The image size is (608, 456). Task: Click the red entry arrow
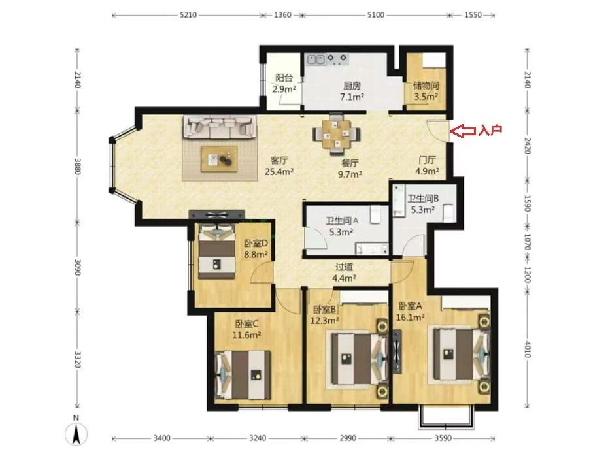[x=465, y=131]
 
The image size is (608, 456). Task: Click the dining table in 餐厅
[x=336, y=134]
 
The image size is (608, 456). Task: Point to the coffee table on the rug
[x=219, y=159]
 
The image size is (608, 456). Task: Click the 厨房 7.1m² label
[x=352, y=91]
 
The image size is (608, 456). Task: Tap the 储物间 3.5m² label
[x=426, y=91]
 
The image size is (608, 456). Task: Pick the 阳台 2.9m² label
[x=284, y=84]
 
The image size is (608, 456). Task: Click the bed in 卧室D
[x=217, y=251]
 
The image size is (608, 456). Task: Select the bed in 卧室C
[x=243, y=374]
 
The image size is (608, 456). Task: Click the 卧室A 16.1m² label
[x=411, y=312]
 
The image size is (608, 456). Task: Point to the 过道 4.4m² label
[x=345, y=272]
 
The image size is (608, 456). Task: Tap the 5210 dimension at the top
[x=188, y=15]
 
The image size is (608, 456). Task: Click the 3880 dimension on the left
[x=78, y=166]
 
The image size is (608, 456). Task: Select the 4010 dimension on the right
[x=527, y=349]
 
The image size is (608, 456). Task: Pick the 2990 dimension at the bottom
[x=348, y=438]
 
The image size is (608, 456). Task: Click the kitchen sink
[x=316, y=59]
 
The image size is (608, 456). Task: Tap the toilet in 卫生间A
[x=375, y=215]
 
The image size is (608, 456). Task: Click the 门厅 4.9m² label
[x=428, y=165]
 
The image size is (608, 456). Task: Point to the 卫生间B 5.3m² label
[x=423, y=204]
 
